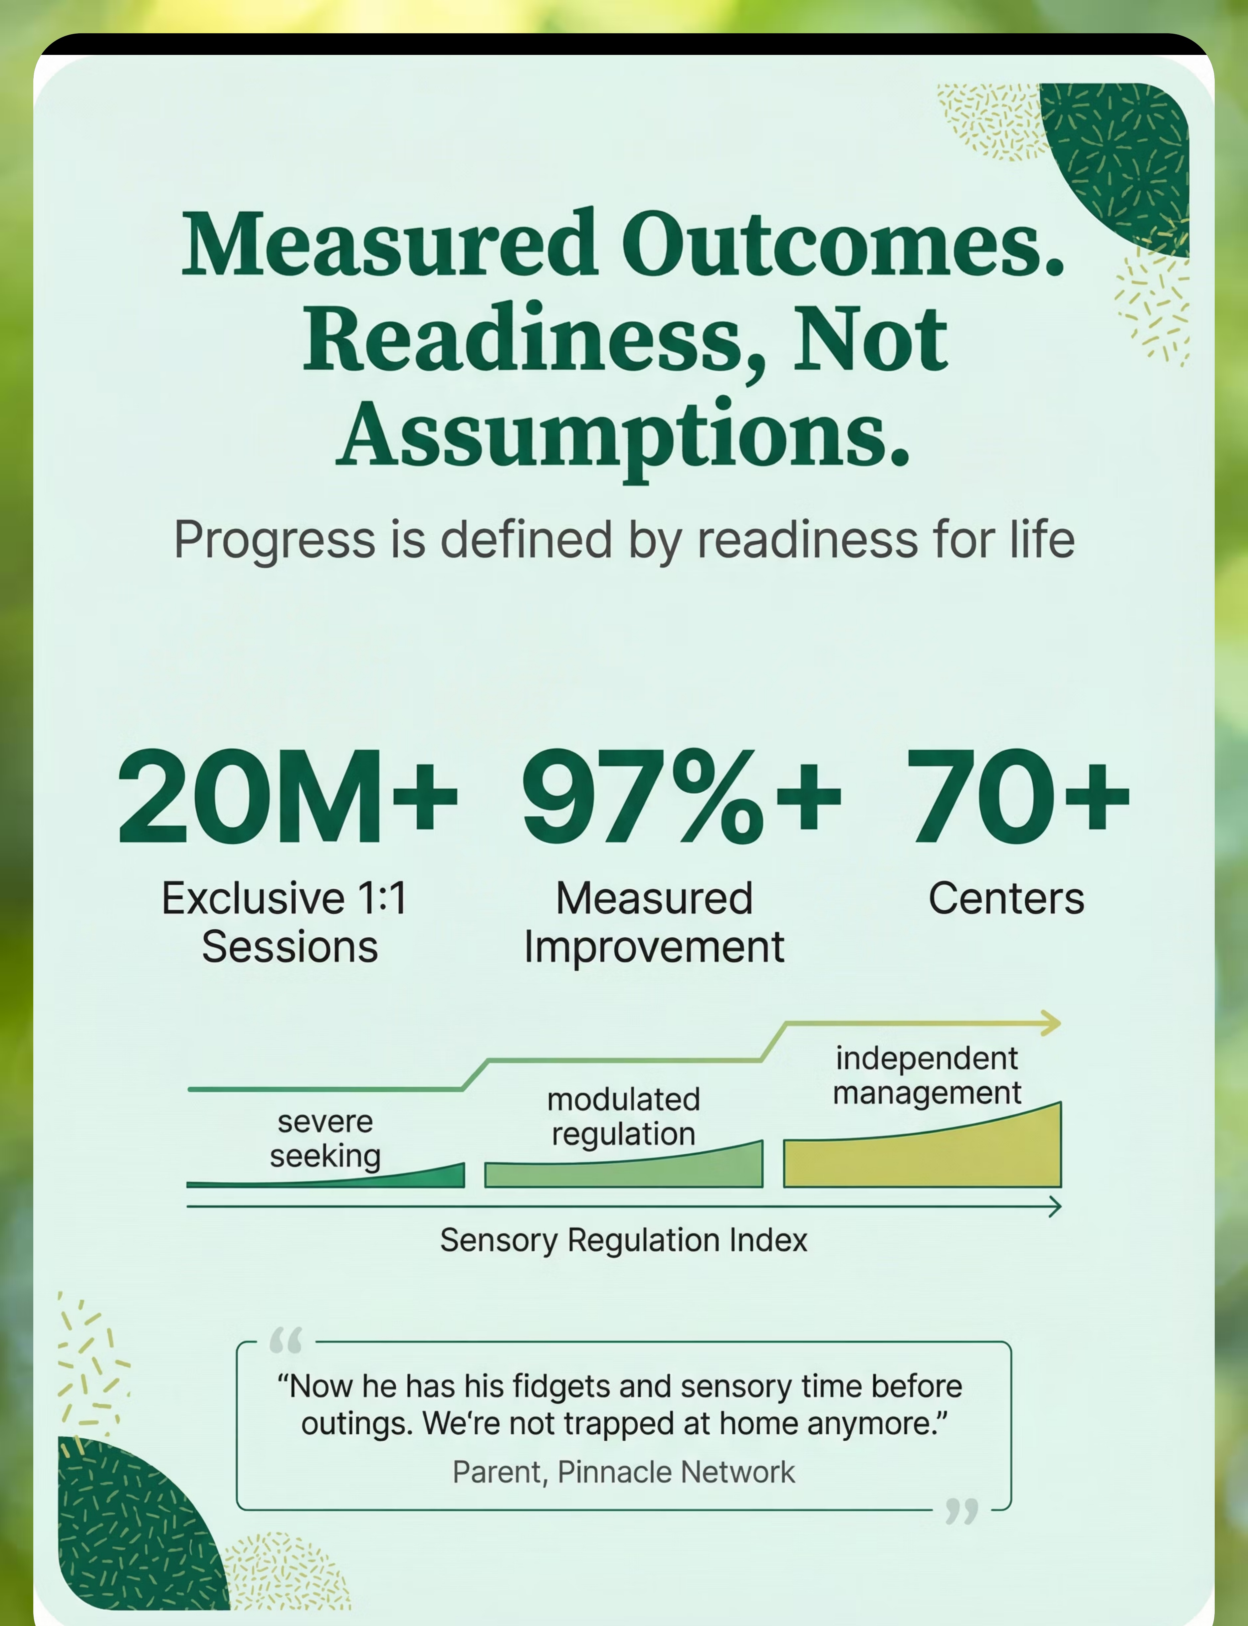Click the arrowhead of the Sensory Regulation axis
pos(1055,1206)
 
